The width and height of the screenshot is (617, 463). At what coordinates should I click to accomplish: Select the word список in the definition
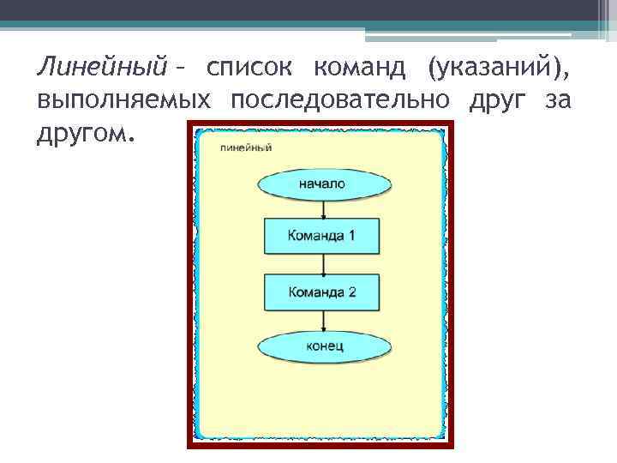[249, 66]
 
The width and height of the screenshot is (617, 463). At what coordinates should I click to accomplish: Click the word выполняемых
[123, 100]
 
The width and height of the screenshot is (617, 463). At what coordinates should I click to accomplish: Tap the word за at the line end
[557, 100]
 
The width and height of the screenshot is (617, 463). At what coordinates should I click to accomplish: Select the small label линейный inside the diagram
[246, 147]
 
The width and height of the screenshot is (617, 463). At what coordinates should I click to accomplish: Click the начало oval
[322, 184]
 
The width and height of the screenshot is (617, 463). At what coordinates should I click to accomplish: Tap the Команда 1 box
[322, 236]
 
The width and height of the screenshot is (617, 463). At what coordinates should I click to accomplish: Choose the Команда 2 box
[322, 292]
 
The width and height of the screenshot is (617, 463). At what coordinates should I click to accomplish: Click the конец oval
[324, 346]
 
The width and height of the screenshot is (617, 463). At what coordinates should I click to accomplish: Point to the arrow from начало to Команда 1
[322, 209]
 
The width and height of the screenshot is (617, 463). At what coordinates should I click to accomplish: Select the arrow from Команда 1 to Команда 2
[322, 264]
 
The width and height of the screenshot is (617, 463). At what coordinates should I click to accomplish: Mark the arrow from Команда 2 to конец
[322, 321]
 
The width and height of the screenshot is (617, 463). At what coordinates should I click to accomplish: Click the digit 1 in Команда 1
[350, 236]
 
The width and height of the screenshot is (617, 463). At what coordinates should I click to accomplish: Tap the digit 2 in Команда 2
[350, 292]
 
